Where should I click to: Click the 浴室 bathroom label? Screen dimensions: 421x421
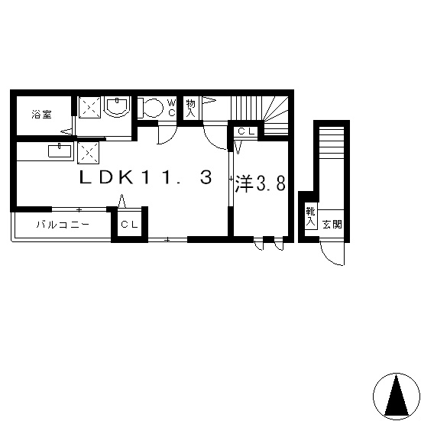pos(41,115)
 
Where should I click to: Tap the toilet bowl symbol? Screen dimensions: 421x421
pos(151,108)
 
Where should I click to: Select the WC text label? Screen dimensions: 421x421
pos(171,108)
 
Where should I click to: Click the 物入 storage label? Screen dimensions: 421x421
pos(190,108)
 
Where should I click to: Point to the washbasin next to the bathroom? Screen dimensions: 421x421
pos(117,106)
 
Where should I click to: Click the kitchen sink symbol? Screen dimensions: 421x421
pos(60,151)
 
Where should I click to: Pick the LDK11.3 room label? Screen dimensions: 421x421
pos(146,178)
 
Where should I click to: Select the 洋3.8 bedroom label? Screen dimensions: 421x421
pos(260,184)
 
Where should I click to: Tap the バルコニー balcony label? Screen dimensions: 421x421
pos(63,224)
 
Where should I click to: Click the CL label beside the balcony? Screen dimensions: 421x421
pos(129,224)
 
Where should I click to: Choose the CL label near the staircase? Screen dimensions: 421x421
pos(246,131)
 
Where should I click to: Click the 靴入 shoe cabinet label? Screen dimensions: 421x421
pos(311,217)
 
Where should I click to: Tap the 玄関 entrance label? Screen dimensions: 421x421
pos(332,224)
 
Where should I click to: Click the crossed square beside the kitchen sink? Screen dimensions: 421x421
pos(89,153)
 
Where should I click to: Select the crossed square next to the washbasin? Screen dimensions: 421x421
pos(89,107)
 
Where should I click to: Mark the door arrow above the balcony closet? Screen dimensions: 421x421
pos(122,201)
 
